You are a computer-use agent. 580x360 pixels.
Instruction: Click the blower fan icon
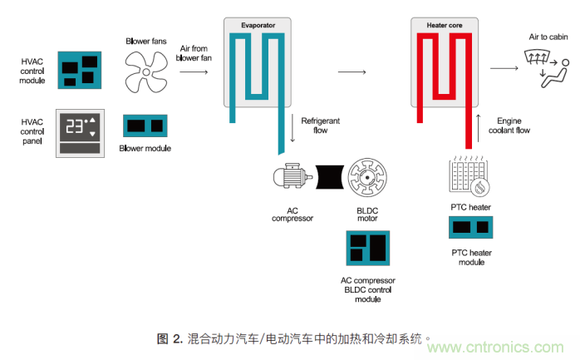(146, 69)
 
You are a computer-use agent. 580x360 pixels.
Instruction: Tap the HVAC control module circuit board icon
(79, 70)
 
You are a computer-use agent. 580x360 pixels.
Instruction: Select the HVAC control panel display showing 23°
(79, 127)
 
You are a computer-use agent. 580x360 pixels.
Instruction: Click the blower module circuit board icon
(145, 126)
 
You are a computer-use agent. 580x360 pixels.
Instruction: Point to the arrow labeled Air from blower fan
(194, 73)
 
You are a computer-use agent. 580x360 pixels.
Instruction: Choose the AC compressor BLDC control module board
(367, 249)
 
